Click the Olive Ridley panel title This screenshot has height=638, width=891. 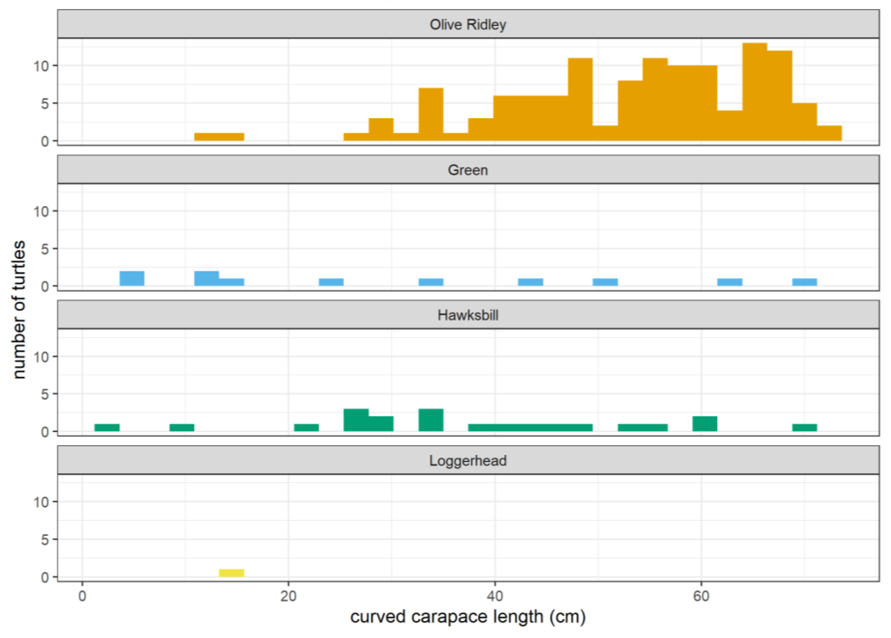[x=468, y=25]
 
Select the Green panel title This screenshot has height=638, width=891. [x=468, y=170]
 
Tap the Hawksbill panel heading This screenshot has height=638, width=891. [x=468, y=315]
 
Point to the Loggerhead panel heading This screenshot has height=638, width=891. [x=468, y=461]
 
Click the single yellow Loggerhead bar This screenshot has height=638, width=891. [x=231, y=573]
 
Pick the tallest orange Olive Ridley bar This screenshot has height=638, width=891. [x=754, y=92]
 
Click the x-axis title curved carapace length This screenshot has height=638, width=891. [x=468, y=617]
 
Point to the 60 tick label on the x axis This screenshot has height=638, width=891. [x=701, y=596]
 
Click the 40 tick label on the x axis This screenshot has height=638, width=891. [x=495, y=596]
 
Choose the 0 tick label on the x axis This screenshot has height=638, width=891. [x=82, y=596]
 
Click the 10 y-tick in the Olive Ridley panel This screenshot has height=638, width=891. [x=41, y=66]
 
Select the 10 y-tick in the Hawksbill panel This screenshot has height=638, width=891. [x=41, y=357]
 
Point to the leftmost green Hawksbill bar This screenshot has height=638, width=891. [x=107, y=427]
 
